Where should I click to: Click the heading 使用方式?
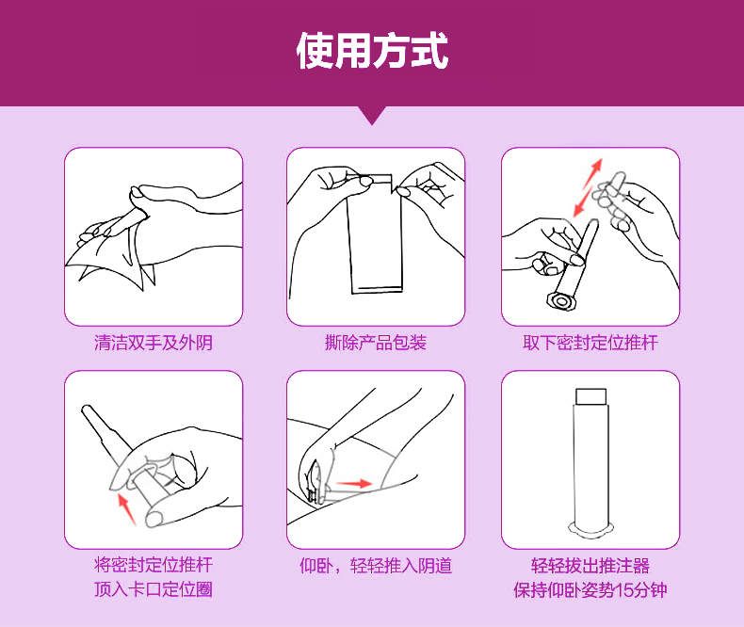coord(372,51)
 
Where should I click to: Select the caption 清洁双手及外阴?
coord(154,343)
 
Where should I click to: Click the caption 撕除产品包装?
coord(376,343)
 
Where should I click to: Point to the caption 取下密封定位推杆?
coord(590,343)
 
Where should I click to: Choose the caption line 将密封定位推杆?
coord(154,566)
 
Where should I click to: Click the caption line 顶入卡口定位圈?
coord(154,590)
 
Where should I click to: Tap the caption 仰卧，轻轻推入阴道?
coord(376,566)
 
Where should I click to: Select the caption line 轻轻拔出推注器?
coord(590,566)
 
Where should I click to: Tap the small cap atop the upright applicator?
coord(590,394)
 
